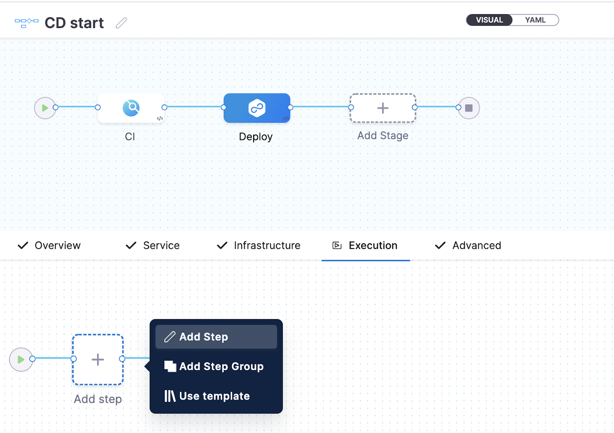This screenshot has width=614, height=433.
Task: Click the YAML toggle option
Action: (535, 20)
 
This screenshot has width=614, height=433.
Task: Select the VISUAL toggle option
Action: (489, 20)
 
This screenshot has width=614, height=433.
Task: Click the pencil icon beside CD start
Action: (121, 23)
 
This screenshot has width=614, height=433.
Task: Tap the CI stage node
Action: (131, 108)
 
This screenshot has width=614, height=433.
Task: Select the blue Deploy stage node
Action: (257, 108)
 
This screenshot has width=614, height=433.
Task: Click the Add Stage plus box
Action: (383, 108)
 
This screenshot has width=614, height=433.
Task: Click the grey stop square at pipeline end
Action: (469, 108)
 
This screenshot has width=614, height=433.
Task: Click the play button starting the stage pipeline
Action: (45, 108)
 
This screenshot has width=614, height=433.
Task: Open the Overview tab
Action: (58, 245)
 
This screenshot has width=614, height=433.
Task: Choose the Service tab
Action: (161, 245)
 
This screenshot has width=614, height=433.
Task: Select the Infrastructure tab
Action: (267, 245)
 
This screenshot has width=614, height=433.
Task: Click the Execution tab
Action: (373, 245)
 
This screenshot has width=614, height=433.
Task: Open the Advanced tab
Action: (476, 245)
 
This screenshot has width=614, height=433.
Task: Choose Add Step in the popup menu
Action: (216, 337)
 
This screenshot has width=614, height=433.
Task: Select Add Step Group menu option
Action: (216, 366)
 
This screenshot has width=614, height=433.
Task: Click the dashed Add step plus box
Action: (98, 359)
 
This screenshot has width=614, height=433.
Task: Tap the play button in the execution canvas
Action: (21, 359)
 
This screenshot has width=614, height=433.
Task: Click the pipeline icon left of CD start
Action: (26, 23)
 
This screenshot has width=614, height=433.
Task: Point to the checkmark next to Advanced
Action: (440, 245)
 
